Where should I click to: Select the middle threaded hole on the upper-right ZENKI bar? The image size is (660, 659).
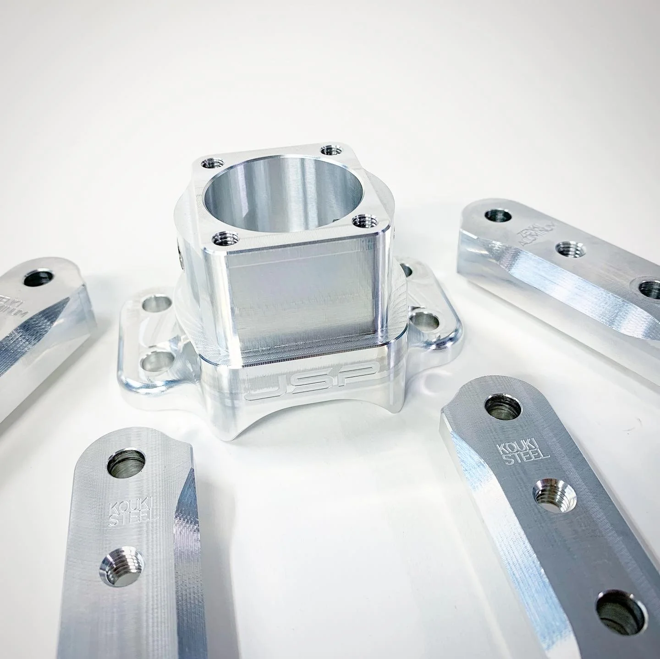pos(570,250)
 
